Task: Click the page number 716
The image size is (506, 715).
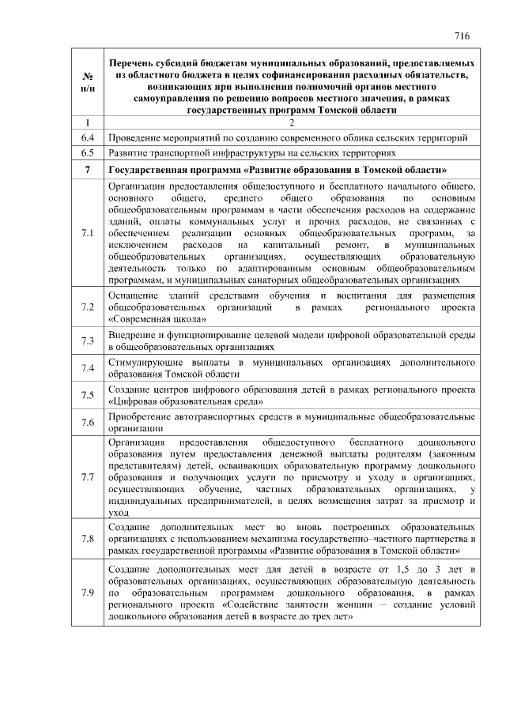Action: coord(463,36)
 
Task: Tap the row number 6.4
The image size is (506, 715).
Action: coord(88,138)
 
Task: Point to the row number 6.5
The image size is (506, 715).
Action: coord(88,153)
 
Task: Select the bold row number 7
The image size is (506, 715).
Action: coord(88,170)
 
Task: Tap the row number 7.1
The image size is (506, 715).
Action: coord(88,233)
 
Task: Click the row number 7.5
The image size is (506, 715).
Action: coord(88,395)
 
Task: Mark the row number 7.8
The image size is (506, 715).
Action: coord(88,539)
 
